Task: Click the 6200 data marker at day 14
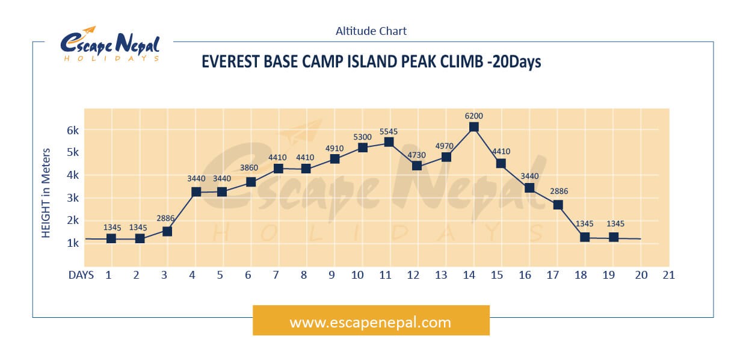(x=473, y=127)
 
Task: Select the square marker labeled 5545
(x=389, y=142)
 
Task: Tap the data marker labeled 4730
(x=417, y=166)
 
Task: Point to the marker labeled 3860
(x=251, y=182)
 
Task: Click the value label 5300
(x=362, y=137)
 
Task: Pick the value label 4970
(x=444, y=146)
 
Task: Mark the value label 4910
(x=334, y=148)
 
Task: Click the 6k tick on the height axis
(x=73, y=130)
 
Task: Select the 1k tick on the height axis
(x=73, y=243)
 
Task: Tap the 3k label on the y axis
(x=73, y=198)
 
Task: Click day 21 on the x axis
(x=669, y=275)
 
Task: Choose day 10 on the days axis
(x=357, y=275)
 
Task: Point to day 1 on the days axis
(x=108, y=275)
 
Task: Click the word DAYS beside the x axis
(x=81, y=275)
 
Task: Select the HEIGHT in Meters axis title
(x=46, y=193)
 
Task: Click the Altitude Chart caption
(x=371, y=31)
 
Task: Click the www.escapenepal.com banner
(x=371, y=320)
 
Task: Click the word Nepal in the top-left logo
(x=137, y=45)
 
